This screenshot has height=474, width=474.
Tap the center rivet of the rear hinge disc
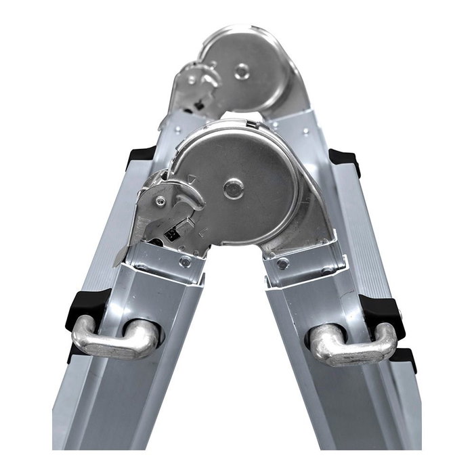(x=241, y=69)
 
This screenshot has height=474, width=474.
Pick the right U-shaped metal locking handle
(x=353, y=343)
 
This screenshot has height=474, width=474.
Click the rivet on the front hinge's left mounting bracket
(x=185, y=262)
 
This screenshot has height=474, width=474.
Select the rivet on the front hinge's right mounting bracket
(x=283, y=263)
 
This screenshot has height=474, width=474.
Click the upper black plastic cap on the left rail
(x=142, y=156)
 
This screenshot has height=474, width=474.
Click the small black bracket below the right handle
(x=404, y=360)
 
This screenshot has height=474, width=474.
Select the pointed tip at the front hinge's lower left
(x=118, y=261)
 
